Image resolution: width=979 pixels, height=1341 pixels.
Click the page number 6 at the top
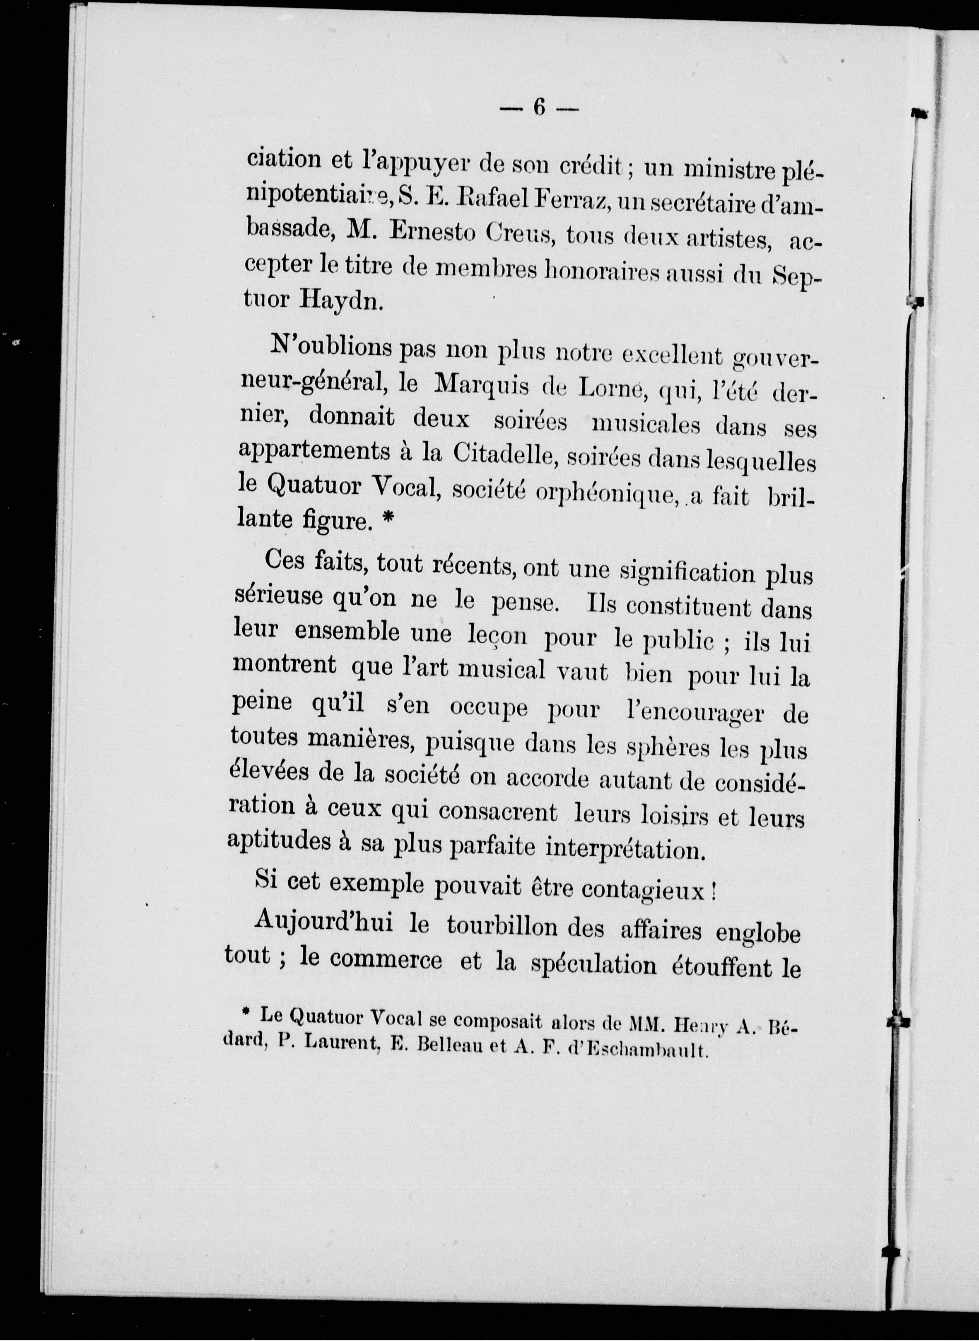point(539,107)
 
